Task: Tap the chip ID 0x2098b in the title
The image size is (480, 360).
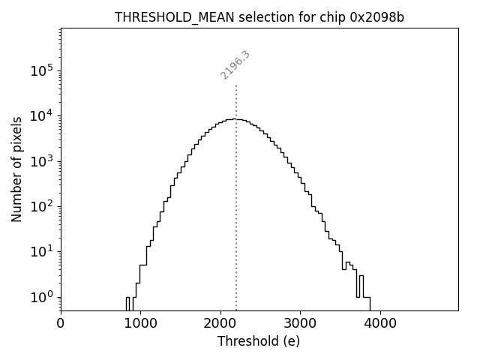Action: pyautogui.click(x=376, y=17)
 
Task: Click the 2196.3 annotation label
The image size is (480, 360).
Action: pyautogui.click(x=235, y=65)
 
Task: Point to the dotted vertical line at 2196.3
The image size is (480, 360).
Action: pyautogui.click(x=236, y=225)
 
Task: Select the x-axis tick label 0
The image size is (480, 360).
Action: pyautogui.click(x=61, y=325)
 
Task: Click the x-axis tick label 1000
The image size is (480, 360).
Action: pyautogui.click(x=140, y=325)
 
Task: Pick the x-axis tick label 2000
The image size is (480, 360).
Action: pyautogui.click(x=220, y=325)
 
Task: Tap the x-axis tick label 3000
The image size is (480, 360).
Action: pyautogui.click(x=300, y=325)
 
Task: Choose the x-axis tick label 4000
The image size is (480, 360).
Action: pyautogui.click(x=379, y=325)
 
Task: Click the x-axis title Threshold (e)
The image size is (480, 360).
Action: pyautogui.click(x=259, y=341)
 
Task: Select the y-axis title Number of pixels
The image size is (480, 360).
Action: pyautogui.click(x=16, y=169)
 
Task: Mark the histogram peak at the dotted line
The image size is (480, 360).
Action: pyautogui.click(x=236, y=119)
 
